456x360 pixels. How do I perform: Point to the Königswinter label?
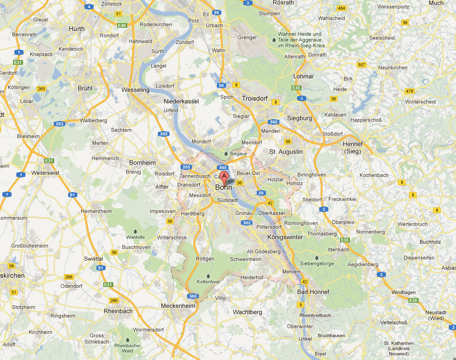tap(285, 237)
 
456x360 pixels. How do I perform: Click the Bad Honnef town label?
tap(313, 292)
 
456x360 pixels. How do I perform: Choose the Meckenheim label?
tap(178, 306)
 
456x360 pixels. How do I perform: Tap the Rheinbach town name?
tap(118, 311)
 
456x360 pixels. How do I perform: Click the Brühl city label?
tap(85, 88)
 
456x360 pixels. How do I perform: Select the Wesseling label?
tap(136, 90)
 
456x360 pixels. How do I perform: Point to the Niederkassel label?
tap(181, 102)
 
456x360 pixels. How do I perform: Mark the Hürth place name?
tap(76, 29)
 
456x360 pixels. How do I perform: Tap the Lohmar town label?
tap(303, 76)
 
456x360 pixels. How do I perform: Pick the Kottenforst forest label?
tap(208, 282)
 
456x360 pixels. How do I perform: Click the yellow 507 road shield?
tap(361, 65)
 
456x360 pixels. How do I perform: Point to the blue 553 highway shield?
tap(60, 124)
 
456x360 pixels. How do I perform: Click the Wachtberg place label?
tap(247, 312)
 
